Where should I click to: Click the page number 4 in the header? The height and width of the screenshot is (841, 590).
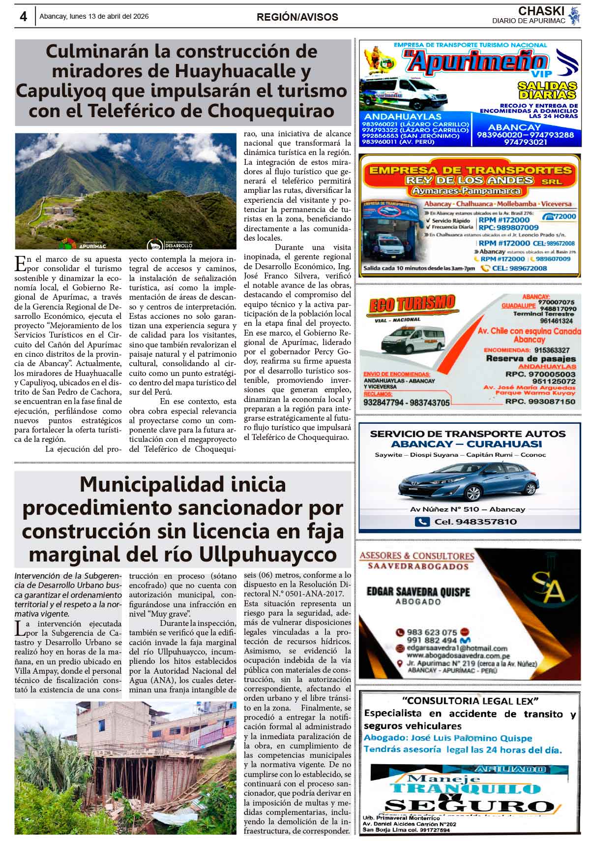click(x=23, y=17)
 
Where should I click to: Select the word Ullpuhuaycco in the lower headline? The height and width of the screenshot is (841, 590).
click(x=267, y=555)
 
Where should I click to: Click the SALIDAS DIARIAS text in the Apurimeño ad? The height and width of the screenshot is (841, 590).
click(x=547, y=91)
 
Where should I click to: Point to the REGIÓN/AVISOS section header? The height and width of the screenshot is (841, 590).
click(x=297, y=17)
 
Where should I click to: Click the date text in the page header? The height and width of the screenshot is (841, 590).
click(x=94, y=16)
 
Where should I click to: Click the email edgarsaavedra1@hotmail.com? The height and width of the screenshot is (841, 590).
click(x=457, y=648)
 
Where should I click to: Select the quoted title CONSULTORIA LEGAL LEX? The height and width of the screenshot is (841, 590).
click(x=471, y=701)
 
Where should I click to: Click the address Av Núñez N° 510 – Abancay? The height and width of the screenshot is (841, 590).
click(x=467, y=509)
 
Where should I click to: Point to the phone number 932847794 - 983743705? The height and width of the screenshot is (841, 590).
click(x=407, y=403)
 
